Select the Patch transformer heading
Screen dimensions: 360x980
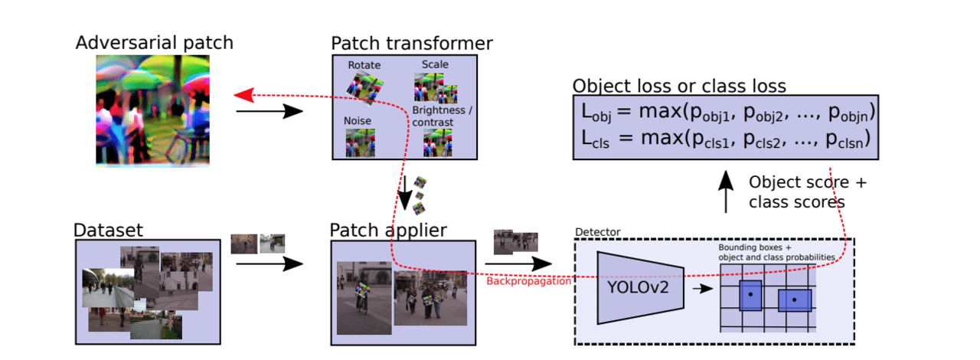[x=412, y=43]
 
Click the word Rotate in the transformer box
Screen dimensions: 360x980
[x=364, y=65]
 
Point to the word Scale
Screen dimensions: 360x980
[x=435, y=64]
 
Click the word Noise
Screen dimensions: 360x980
[x=358, y=121]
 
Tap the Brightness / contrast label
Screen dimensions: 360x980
[x=443, y=116]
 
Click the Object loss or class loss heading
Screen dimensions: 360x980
[x=680, y=85]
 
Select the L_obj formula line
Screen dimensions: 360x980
[x=727, y=114]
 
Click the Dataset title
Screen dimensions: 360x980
[x=108, y=230]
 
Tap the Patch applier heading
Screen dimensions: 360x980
[x=388, y=230]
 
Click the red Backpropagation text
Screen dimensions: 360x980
[x=528, y=281]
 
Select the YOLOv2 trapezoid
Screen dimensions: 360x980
[x=639, y=288]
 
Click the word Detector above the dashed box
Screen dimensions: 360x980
[x=597, y=231]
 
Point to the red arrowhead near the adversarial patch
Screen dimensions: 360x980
[x=243, y=94]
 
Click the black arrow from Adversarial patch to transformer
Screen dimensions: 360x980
[x=269, y=111]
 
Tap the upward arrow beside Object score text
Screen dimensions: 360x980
[x=727, y=192]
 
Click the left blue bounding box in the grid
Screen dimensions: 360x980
[x=750, y=295]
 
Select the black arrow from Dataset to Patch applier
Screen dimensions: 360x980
[x=269, y=264]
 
